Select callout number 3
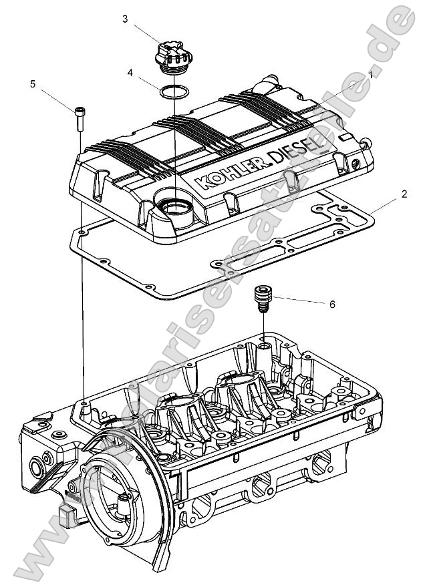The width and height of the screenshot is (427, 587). (125, 19)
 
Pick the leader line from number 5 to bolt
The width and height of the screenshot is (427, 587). (57, 97)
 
